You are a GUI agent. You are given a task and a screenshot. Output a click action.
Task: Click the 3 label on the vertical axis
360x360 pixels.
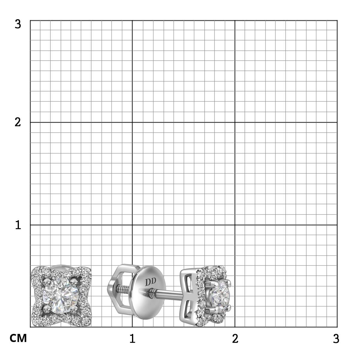(18, 25)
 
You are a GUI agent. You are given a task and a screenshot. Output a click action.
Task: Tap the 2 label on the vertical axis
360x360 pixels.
(18, 122)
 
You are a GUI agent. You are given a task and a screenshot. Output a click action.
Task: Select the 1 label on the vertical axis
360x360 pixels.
(18, 225)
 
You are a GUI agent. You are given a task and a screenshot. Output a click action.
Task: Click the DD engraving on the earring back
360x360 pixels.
(150, 282)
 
